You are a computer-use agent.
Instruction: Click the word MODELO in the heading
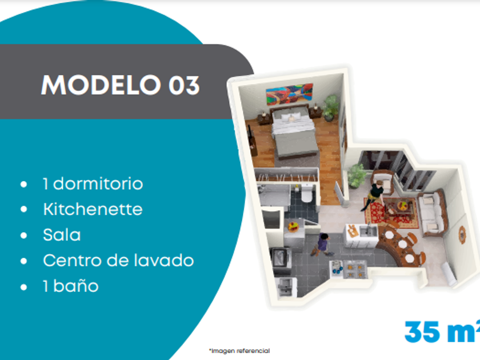tap(101, 85)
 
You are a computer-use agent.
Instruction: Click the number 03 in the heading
tap(184, 85)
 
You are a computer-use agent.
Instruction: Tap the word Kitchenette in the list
tap(93, 209)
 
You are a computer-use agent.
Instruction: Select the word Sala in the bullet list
tap(62, 235)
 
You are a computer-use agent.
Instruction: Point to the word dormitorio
tap(98, 183)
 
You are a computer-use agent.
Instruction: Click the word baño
tap(76, 286)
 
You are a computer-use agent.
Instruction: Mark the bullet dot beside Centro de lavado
tap(23, 261)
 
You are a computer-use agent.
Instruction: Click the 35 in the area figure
tap(422, 332)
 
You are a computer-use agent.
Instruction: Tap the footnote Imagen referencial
tap(241, 351)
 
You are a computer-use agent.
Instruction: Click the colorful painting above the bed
tap(289, 94)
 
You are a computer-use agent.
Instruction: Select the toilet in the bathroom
tap(307, 194)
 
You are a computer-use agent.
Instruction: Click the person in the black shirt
tap(375, 195)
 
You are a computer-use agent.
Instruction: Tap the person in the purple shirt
tap(322, 245)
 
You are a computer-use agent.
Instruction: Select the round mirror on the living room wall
tap(462, 235)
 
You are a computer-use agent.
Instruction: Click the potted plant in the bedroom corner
tap(330, 108)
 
